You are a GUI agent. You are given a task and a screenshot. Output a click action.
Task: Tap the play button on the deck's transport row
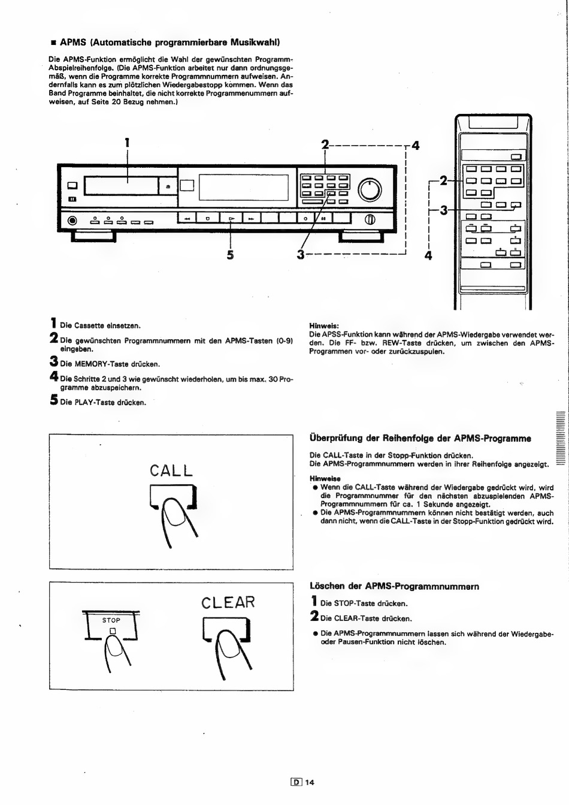tap(231, 219)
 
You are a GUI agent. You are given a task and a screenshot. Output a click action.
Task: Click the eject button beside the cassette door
tap(168, 186)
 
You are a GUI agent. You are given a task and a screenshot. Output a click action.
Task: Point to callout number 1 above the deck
tap(127, 143)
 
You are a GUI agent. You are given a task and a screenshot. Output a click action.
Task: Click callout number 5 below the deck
tap(230, 255)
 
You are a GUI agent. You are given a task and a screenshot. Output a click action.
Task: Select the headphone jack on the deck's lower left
tap(73, 220)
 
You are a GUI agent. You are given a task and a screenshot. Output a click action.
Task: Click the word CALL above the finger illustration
tap(171, 471)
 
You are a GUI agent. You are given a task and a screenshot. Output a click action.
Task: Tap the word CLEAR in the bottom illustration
tap(228, 602)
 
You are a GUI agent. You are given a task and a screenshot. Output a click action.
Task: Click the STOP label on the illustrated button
tap(111, 620)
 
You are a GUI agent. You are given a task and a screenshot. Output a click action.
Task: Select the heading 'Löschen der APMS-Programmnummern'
tap(394, 586)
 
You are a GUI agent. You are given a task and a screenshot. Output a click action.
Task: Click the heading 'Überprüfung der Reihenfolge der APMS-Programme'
tap(420, 438)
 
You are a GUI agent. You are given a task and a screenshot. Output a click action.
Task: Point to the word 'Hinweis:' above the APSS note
tap(324, 325)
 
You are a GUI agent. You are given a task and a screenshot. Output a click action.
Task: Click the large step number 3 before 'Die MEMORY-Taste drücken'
tap(53, 362)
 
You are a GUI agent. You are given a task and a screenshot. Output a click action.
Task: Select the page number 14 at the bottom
tap(309, 782)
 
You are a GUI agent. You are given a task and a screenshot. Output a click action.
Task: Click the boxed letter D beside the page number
tap(295, 782)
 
